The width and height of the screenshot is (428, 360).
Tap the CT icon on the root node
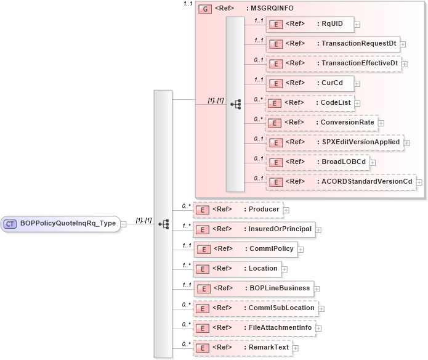coord(11,223)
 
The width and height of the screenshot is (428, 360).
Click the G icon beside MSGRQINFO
coord(204,9)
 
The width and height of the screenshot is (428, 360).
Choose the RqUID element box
coord(309,25)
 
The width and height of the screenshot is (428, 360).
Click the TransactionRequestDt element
coord(332,44)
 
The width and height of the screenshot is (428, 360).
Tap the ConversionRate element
coord(321,122)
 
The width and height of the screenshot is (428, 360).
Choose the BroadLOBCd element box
coord(317,162)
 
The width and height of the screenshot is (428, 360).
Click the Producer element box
coord(238,210)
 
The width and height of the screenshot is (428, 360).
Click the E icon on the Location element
coord(201,269)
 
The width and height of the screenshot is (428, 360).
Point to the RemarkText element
coord(243,348)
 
